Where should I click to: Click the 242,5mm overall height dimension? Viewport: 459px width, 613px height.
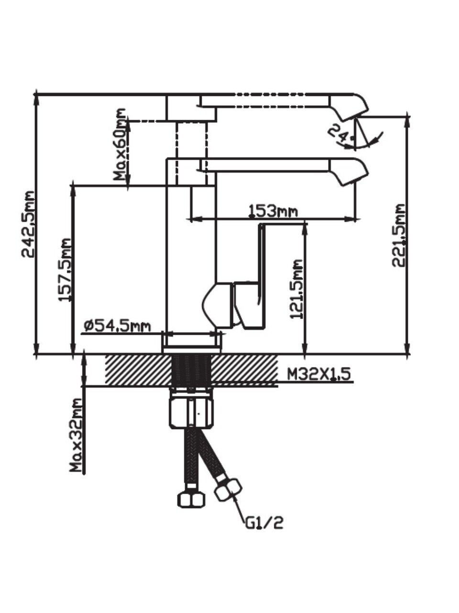click(30, 224)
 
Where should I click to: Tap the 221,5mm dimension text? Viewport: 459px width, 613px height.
click(398, 235)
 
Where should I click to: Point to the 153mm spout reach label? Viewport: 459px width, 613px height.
click(273, 211)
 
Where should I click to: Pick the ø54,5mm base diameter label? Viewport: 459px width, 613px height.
click(117, 327)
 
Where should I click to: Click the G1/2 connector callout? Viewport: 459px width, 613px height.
click(264, 522)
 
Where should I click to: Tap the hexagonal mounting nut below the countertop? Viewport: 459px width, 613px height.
click(191, 409)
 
